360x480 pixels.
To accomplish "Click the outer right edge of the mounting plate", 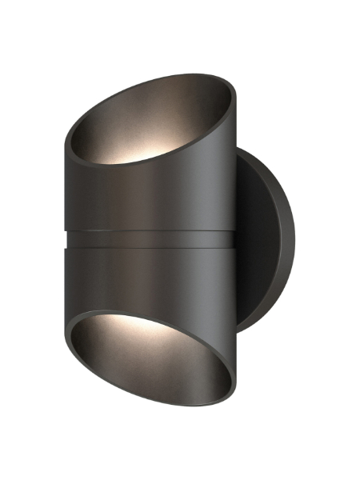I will pos(298,240).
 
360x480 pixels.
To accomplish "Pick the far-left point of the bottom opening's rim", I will pos(67,332).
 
